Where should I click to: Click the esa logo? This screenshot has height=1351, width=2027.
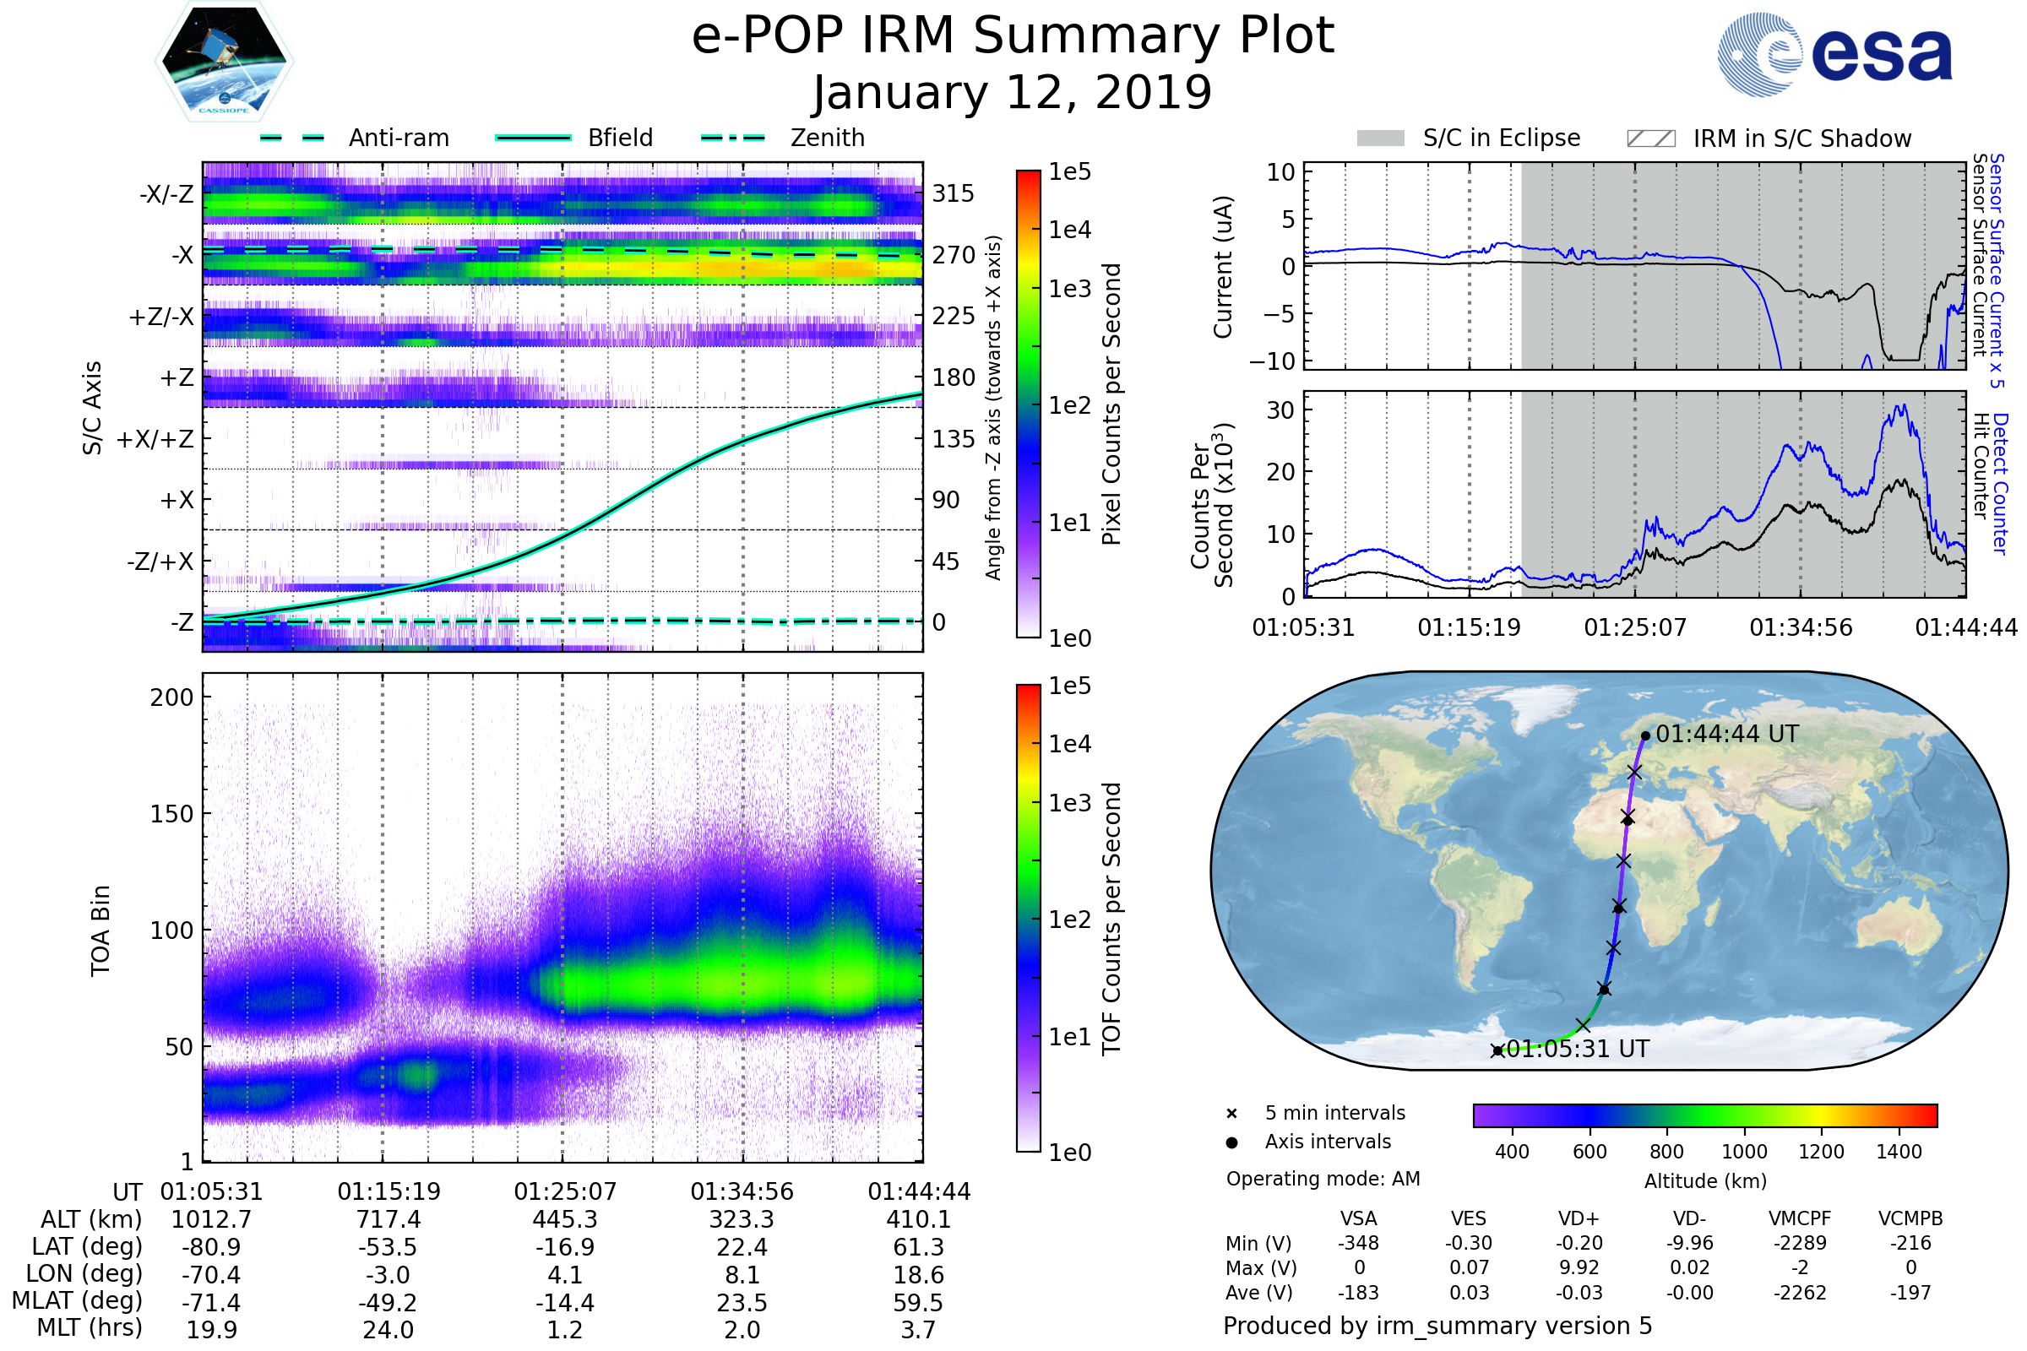pyautogui.click(x=1834, y=54)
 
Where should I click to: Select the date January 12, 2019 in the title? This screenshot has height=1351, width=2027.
pyautogui.click(x=1012, y=93)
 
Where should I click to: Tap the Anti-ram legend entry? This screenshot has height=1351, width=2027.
pyautogui.click(x=398, y=138)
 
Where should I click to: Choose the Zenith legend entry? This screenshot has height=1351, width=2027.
pyautogui.click(x=827, y=138)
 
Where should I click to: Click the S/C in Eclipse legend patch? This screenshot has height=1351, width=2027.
pyautogui.click(x=1380, y=138)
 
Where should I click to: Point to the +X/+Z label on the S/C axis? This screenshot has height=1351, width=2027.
pyautogui.click(x=155, y=439)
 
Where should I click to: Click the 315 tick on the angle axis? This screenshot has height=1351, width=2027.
pyautogui.click(x=953, y=193)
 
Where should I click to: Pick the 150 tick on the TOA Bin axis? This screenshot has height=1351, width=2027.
pyautogui.click(x=171, y=814)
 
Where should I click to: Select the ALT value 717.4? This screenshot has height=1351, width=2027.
pyautogui.click(x=388, y=1219)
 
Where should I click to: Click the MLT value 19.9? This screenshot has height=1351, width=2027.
pyautogui.click(x=211, y=1329)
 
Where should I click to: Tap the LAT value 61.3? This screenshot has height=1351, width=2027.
pyautogui.click(x=918, y=1247)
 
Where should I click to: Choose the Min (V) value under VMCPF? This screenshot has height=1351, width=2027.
pyautogui.click(x=1800, y=1243)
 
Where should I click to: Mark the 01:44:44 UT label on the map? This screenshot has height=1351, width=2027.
pyautogui.click(x=1727, y=734)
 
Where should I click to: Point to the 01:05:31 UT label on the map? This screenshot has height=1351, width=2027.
pyautogui.click(x=1577, y=1050)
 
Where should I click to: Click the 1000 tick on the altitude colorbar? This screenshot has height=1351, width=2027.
pyautogui.click(x=1743, y=1152)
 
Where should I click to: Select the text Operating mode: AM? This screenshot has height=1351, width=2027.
pyautogui.click(x=1322, y=1179)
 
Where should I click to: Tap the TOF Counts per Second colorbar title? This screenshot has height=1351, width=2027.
pyautogui.click(x=1111, y=919)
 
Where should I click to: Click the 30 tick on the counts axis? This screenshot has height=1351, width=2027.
pyautogui.click(x=1280, y=410)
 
